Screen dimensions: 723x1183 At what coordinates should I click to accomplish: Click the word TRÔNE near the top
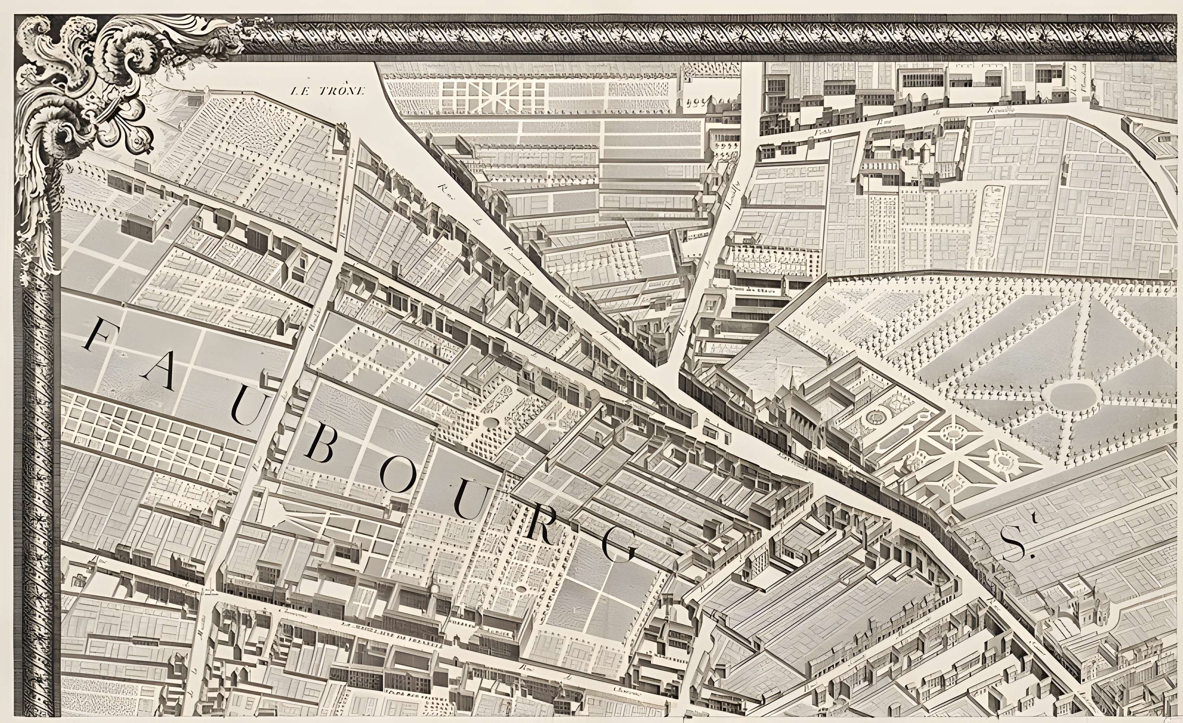point(342,91)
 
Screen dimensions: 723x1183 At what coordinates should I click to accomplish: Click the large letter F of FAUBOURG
point(100,335)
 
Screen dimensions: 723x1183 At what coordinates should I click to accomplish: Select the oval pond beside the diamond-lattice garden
point(491,422)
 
